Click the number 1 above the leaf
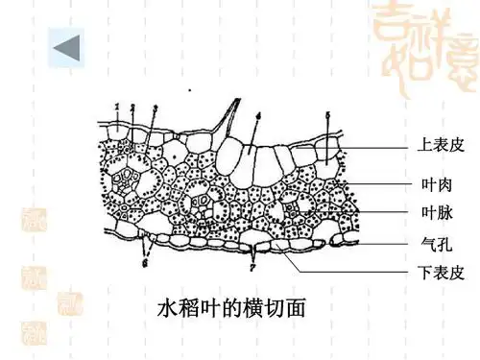(x=116, y=107)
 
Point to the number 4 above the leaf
(x=258, y=116)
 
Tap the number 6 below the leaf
(x=146, y=259)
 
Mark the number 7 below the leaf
(x=252, y=261)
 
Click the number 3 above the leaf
(x=156, y=108)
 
